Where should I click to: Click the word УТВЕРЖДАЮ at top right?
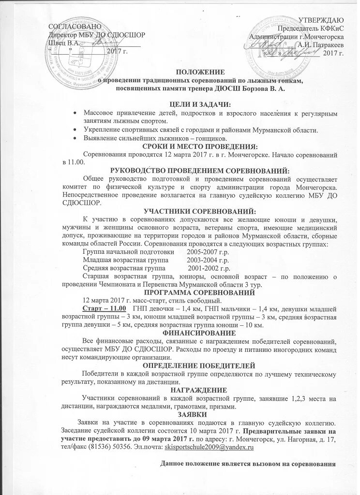pos(321,20)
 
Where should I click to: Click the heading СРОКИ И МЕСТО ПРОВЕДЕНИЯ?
pos(199,146)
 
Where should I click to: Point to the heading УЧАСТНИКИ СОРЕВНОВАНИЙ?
pos(199,210)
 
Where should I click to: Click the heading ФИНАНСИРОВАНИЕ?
pos(199,333)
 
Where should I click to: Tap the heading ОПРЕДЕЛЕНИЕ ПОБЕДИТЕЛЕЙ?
pos(199,366)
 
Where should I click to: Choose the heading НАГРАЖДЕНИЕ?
pos(199,390)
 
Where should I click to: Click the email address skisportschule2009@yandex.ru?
pos(210,448)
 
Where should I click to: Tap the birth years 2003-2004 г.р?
pos(208,260)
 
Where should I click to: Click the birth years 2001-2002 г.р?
pos(209,268)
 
